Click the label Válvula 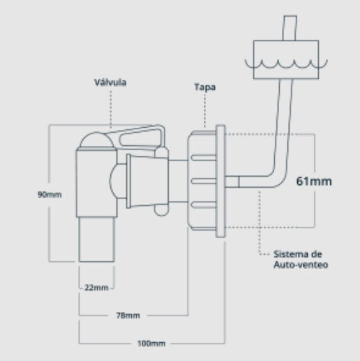point(111,82)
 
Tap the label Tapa point(206,87)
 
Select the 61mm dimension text point(313,181)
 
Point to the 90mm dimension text point(50,194)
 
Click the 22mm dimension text point(96,288)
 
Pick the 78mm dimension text point(128,315)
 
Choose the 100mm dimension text point(151,343)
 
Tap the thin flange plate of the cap point(220,182)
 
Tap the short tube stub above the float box point(288,29)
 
